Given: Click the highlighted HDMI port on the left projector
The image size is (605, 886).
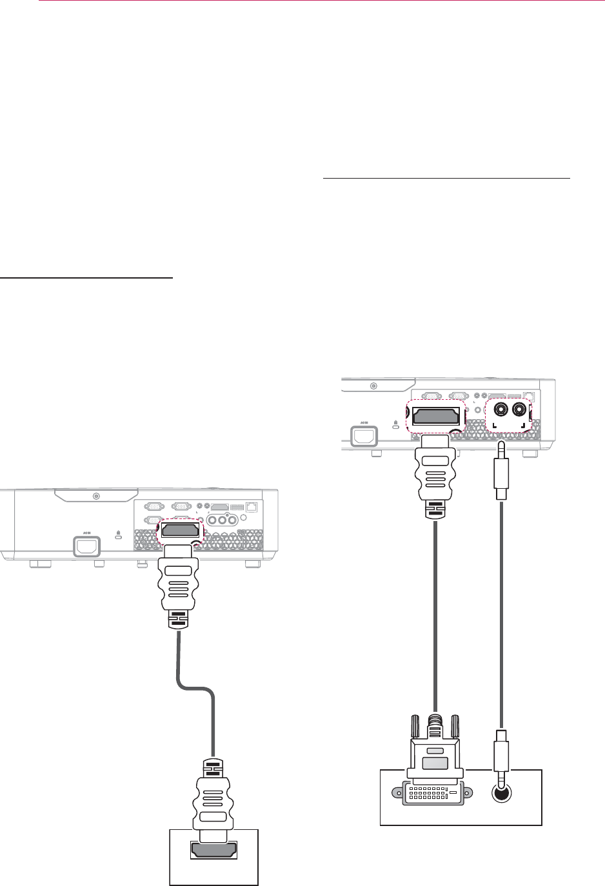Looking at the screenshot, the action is pos(180,530).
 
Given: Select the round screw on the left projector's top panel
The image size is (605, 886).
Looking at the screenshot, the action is pos(96,497).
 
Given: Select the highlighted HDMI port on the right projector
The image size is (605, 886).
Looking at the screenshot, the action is pos(436,415).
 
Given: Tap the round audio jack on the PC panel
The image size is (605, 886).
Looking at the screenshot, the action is pos(501,793).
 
